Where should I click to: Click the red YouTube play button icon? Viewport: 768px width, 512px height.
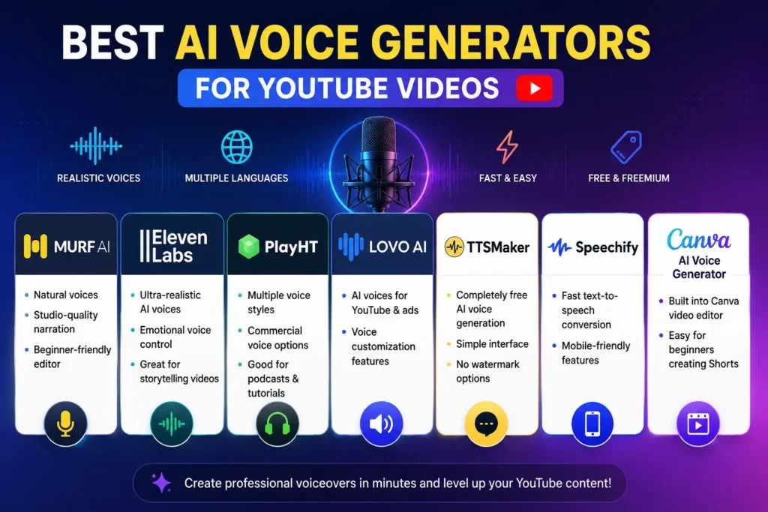click(x=534, y=88)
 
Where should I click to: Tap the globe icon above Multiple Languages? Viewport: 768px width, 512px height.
click(x=236, y=147)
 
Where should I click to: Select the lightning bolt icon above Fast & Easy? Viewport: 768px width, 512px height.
click(x=508, y=147)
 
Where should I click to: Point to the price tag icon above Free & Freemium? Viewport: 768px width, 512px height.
click(x=626, y=147)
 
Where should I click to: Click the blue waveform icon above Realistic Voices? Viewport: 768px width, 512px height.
click(x=96, y=145)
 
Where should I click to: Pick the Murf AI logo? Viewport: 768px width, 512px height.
click(x=67, y=246)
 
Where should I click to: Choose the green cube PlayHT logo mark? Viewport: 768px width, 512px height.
click(x=249, y=246)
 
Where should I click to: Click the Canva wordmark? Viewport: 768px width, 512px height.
click(x=698, y=239)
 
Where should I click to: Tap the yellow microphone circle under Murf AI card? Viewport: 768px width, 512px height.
click(x=66, y=424)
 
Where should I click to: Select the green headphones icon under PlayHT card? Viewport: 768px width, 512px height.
click(x=277, y=424)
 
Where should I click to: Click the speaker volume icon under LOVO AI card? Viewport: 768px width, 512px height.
click(x=381, y=424)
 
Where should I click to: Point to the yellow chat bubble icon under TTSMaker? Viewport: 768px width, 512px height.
click(x=486, y=424)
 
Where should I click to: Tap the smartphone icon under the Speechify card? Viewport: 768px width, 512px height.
click(x=592, y=424)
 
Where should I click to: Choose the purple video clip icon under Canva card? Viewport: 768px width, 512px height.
click(x=698, y=424)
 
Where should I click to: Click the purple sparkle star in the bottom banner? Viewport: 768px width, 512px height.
click(x=161, y=483)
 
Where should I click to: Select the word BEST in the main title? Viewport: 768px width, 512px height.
click(x=112, y=43)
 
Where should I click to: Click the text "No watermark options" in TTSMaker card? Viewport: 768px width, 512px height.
click(x=487, y=371)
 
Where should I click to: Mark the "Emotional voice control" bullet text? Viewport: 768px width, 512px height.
click(x=175, y=337)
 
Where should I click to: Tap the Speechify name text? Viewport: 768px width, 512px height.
click(x=607, y=247)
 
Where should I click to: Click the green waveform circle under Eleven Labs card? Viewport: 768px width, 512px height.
click(x=172, y=424)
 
